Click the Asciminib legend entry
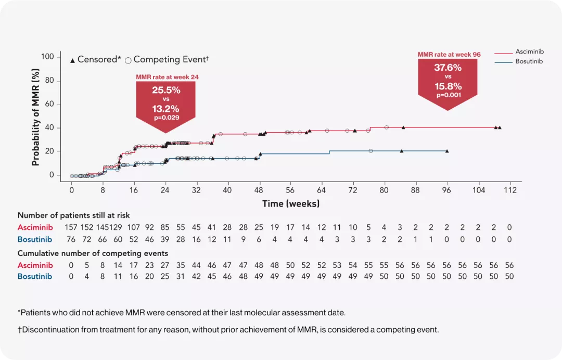[529, 52]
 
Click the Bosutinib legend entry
[529, 61]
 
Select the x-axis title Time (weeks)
[290, 203]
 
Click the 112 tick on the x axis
[509, 190]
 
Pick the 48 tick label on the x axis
[259, 190]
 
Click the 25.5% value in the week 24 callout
[166, 90]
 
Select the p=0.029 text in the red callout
[166, 118]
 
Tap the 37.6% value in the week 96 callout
[448, 67]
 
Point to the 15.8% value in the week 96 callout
[448, 86]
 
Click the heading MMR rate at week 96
[449, 54]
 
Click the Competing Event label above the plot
[170, 59]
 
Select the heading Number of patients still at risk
[74, 215]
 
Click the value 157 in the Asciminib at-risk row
[71, 227]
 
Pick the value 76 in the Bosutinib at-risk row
[71, 239]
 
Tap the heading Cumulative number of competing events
[93, 253]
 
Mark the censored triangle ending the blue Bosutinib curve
[447, 151]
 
